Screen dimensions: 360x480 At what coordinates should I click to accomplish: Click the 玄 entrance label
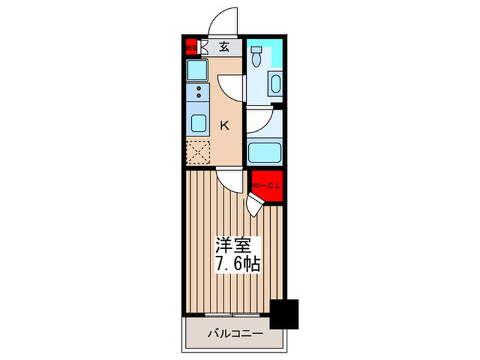point(224,47)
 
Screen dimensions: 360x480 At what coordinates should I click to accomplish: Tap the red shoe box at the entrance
point(191,47)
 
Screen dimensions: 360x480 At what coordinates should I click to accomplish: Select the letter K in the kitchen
point(224,125)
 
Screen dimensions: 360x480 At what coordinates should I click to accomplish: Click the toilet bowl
point(256,57)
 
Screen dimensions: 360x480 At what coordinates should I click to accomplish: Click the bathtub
point(263,152)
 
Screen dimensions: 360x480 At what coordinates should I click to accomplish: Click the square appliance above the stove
point(198,70)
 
